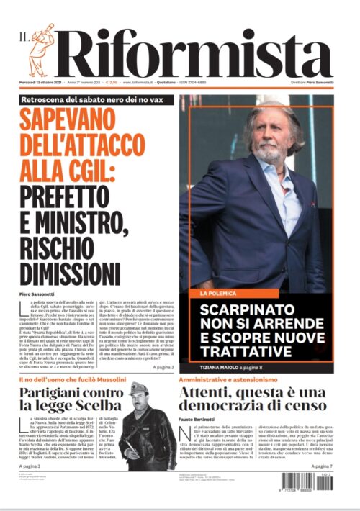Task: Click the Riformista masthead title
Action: click(x=194, y=52)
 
